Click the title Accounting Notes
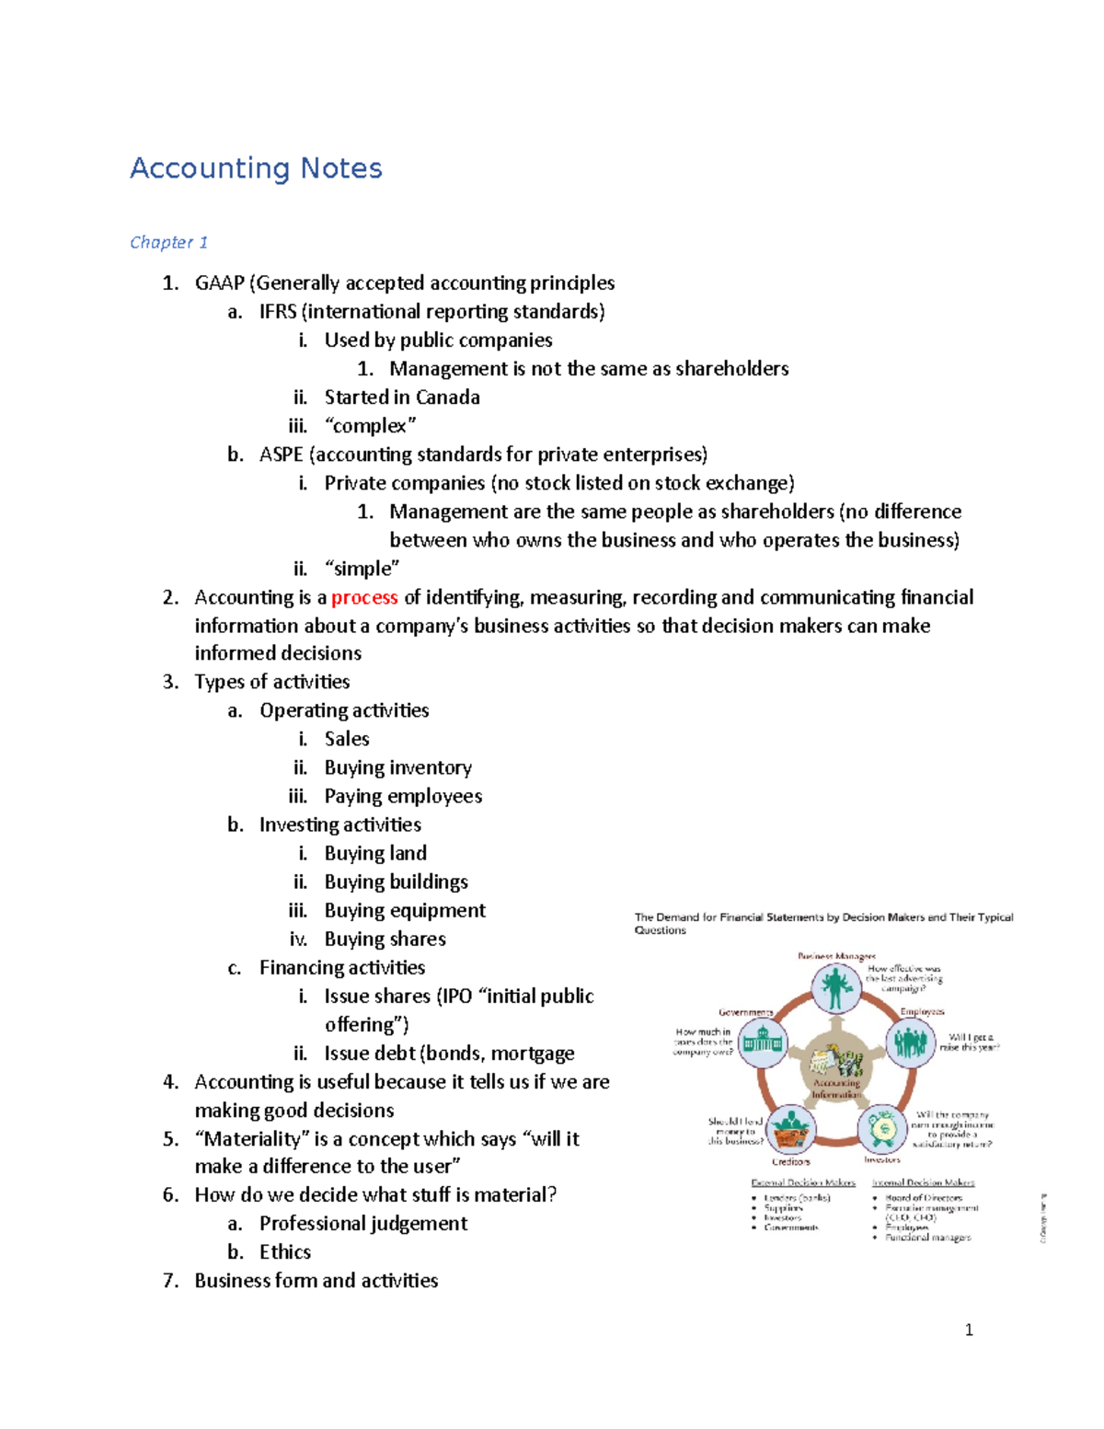[x=256, y=168]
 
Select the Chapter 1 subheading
[x=168, y=243]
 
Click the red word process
[x=364, y=598]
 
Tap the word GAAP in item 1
[x=219, y=283]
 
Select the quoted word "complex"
[x=370, y=426]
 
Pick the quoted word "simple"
[x=362, y=569]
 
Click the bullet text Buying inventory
[x=397, y=767]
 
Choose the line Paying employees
[x=403, y=796]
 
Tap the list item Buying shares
[x=385, y=939]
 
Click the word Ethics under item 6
[x=285, y=1252]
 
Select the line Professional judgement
[x=363, y=1224]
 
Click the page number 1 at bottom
[x=969, y=1330]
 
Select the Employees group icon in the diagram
[x=910, y=1043]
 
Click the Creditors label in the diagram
[x=790, y=1162]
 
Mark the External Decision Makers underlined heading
[x=803, y=1182]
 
